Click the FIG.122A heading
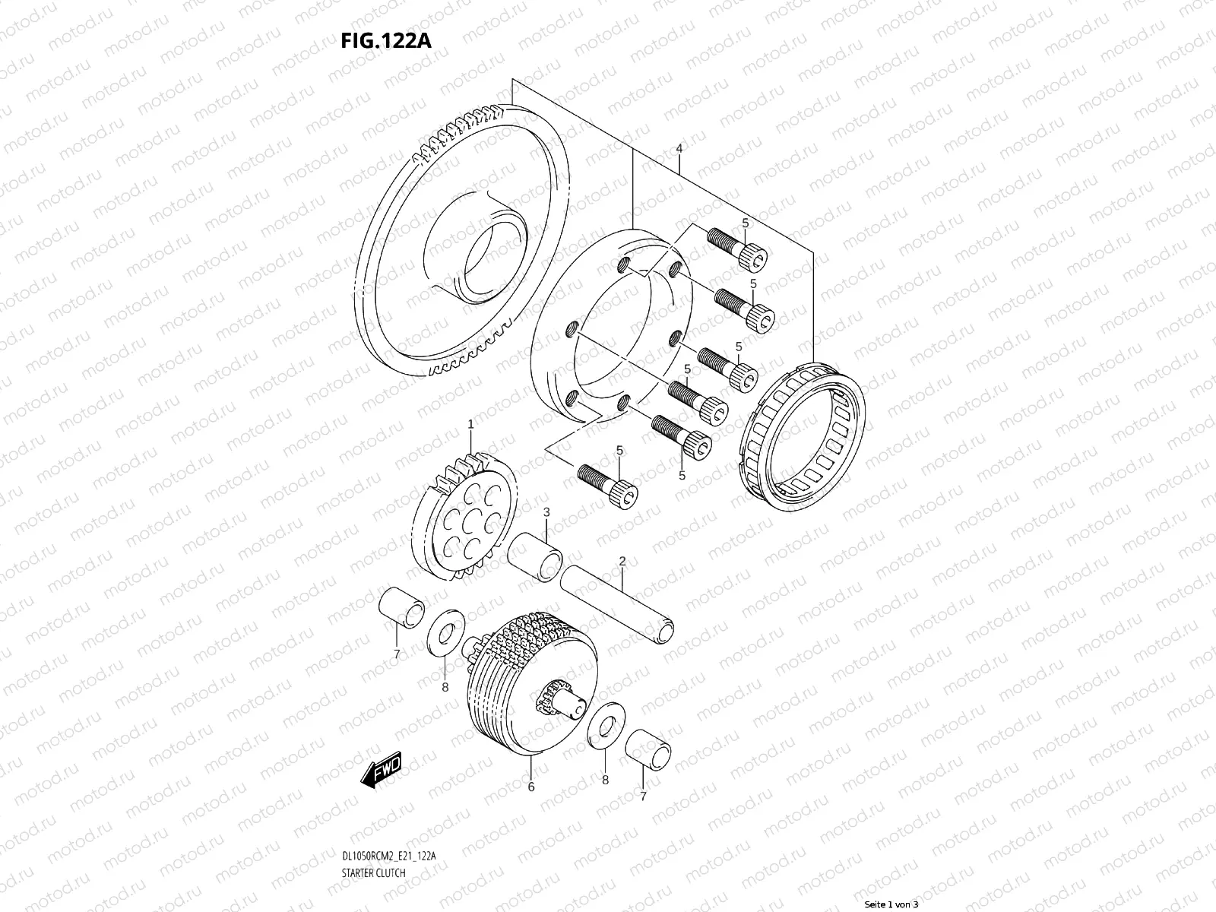click(386, 40)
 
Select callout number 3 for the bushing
click(546, 513)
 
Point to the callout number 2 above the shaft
click(622, 562)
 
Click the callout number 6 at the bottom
click(530, 787)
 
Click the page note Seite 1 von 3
click(892, 904)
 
